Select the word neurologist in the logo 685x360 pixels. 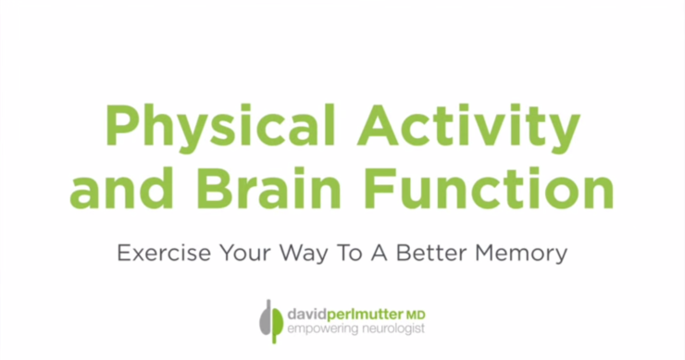pyautogui.click(x=390, y=328)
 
